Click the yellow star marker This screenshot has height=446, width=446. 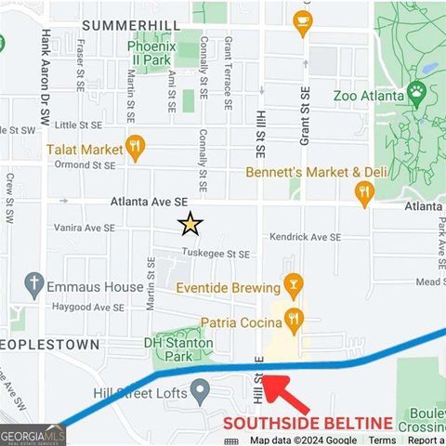190,223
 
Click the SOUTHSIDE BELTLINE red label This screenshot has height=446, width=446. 308,424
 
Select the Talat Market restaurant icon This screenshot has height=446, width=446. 136,146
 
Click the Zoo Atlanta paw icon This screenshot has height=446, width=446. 416,93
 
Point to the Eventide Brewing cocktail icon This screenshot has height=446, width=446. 293,285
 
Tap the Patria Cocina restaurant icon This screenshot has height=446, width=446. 294,320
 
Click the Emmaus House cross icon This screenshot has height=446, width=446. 34,282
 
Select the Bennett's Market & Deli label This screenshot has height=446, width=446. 315,173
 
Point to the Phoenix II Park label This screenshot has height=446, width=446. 151,52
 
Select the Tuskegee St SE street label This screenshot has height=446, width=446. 216,254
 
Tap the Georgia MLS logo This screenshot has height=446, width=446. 33,435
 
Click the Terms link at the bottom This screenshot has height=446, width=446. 382,440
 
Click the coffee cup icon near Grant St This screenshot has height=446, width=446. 302,20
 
